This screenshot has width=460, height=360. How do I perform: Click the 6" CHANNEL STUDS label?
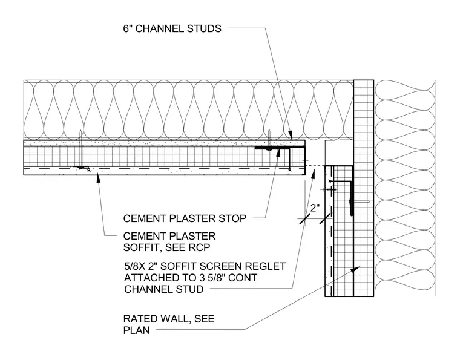[x=172, y=28]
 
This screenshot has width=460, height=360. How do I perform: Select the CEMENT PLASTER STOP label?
[x=185, y=218]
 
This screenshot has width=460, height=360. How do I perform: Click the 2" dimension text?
[x=315, y=208]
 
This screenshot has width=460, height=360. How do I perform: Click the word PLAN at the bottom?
[x=136, y=330]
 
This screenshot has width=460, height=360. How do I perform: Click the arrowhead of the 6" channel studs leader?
[x=291, y=136]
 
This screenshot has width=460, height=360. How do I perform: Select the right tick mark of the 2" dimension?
[x=325, y=218]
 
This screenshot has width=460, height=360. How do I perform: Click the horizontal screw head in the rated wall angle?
[x=350, y=201]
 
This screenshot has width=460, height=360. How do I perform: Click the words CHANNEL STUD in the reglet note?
[x=163, y=289]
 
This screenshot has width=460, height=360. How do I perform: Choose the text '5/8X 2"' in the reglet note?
[x=141, y=266]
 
